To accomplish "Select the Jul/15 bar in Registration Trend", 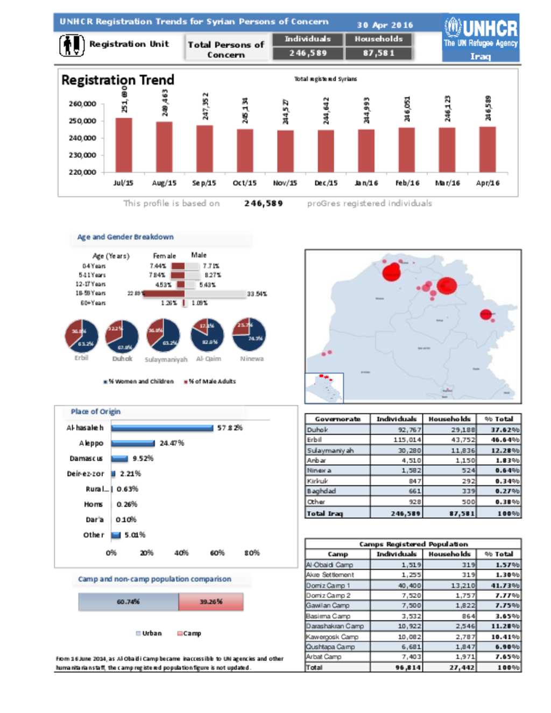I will point(124,145).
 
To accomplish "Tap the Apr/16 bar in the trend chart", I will point(488,149).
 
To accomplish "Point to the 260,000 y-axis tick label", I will point(82,104).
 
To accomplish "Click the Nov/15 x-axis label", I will point(285,183).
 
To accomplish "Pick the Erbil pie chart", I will point(82,336).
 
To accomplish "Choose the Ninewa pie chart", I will point(249,334).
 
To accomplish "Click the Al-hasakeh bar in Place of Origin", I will point(162,428).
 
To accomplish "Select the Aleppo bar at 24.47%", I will point(133,443).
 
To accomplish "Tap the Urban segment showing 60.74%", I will point(128,602).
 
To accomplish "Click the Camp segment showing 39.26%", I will point(211,602).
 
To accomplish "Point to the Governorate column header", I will point(337,419).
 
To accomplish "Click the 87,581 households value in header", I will point(379,53).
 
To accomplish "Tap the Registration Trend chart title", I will point(118,80).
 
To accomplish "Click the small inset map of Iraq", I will point(324,387).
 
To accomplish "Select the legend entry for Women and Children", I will point(139,382).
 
